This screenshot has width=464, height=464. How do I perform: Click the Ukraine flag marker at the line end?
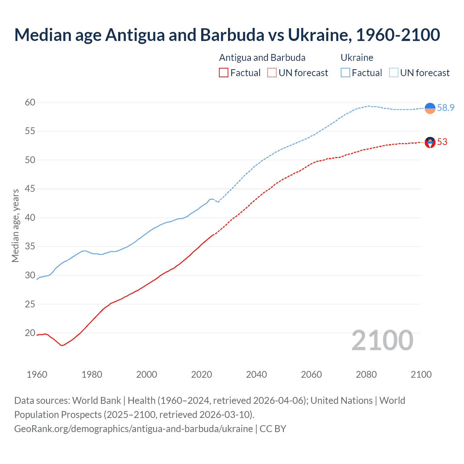430,108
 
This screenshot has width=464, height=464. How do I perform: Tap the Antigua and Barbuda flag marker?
430,142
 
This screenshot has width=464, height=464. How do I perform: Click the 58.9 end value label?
446,108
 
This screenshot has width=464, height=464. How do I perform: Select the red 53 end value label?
442,142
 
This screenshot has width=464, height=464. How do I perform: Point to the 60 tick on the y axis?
30,102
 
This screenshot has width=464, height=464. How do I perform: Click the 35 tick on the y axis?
30,246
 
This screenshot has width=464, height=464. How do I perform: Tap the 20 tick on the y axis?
30,333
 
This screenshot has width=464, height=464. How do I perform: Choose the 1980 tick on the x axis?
92,374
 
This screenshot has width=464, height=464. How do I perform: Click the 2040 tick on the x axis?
256,374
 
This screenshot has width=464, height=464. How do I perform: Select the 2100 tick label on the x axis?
421,374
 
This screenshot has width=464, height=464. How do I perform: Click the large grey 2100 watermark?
382,340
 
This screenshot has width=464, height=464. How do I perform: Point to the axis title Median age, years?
15,225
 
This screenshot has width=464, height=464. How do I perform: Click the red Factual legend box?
224,73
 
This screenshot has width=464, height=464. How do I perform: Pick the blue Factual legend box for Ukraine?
345,73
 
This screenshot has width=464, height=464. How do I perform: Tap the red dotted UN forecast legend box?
272,73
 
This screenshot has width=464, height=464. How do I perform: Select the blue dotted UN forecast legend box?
393,73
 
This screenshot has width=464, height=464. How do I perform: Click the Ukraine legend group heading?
357,58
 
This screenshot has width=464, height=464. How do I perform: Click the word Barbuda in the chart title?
232,35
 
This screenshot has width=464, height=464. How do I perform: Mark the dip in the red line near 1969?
62,345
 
